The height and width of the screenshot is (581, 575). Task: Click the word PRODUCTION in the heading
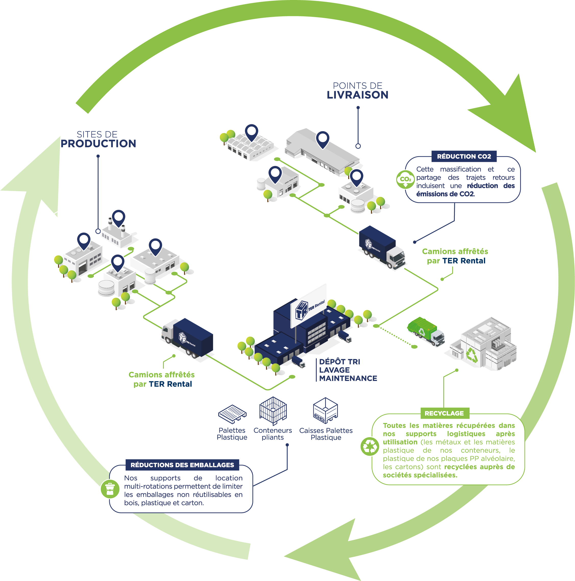[x=98, y=144]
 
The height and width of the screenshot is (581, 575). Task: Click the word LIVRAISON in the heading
[x=358, y=95]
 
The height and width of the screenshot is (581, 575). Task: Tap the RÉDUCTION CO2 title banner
[x=464, y=156]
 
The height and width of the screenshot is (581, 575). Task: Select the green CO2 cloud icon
[x=405, y=179]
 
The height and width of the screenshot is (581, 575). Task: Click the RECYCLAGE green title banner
[x=444, y=413]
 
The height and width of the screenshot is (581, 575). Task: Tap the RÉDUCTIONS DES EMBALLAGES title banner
[x=182, y=465]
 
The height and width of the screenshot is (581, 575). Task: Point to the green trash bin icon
[x=110, y=489]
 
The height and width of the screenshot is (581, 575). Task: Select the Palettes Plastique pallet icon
[x=232, y=414]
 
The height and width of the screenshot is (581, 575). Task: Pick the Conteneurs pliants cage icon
[x=273, y=410]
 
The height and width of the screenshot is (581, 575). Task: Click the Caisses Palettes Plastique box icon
[x=325, y=410]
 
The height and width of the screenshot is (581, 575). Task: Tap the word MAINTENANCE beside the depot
[x=348, y=378]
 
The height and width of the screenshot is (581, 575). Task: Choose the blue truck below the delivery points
[x=382, y=247]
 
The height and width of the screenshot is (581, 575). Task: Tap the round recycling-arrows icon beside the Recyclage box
[x=370, y=446]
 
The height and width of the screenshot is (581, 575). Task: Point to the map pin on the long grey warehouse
[x=322, y=139]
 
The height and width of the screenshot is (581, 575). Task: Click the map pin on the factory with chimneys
[x=118, y=217]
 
